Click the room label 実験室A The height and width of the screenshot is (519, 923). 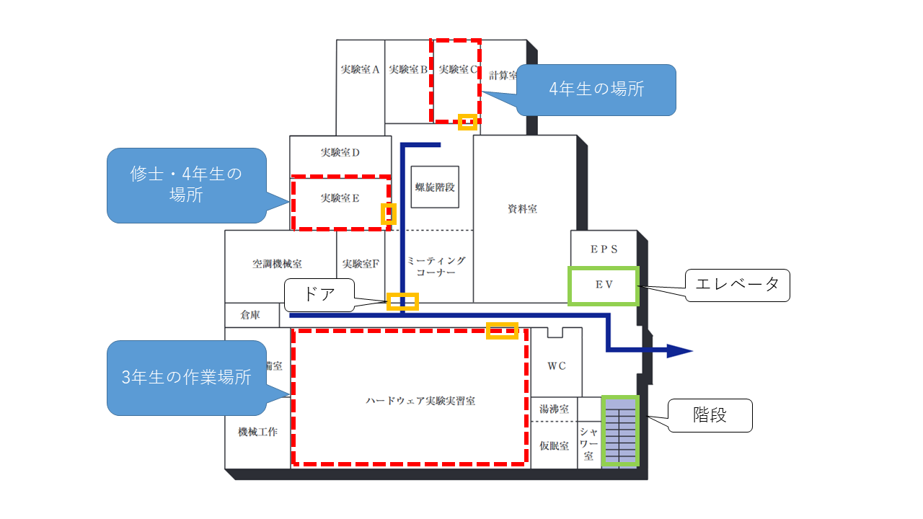pyautogui.click(x=360, y=70)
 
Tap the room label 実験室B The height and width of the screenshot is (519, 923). pyautogui.click(x=408, y=70)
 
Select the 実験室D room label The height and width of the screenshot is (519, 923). pyautogui.click(x=340, y=153)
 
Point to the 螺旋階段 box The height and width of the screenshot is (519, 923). pyautogui.click(x=435, y=187)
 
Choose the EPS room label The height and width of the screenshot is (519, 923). pyautogui.click(x=604, y=249)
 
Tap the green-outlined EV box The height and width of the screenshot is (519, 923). pyautogui.click(x=603, y=285)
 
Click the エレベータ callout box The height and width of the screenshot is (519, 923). pyautogui.click(x=737, y=285)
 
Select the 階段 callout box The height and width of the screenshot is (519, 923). pyautogui.click(x=710, y=415)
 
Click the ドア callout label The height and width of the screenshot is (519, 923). pyautogui.click(x=319, y=295)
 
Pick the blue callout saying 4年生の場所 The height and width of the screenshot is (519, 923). pyautogui.click(x=596, y=90)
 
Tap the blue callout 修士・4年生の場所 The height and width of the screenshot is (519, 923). pyautogui.click(x=187, y=185)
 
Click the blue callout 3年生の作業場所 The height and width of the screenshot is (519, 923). pyautogui.click(x=187, y=377)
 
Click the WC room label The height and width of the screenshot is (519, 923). pyautogui.click(x=556, y=366)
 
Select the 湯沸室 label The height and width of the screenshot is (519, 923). pyautogui.click(x=554, y=409)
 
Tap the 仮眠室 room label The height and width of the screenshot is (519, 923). pyautogui.click(x=554, y=446)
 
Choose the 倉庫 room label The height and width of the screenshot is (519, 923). pyautogui.click(x=250, y=315)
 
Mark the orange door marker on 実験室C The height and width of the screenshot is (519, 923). pyautogui.click(x=467, y=121)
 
